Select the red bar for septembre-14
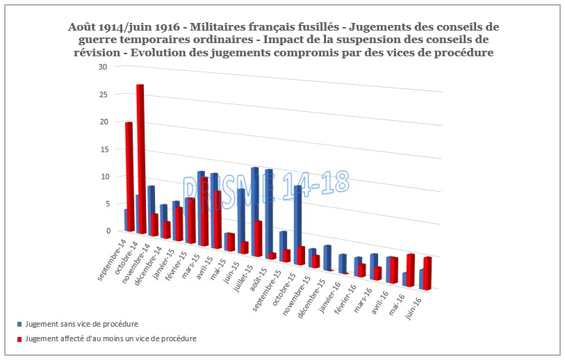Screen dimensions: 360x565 point(129,177)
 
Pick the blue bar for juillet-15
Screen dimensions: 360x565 point(255,208)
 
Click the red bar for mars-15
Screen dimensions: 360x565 point(204,212)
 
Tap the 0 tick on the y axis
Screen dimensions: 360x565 point(108,231)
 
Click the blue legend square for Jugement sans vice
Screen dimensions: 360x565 point(19,325)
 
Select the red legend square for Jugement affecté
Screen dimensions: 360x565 point(19,339)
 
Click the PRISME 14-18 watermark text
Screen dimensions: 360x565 point(264,184)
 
